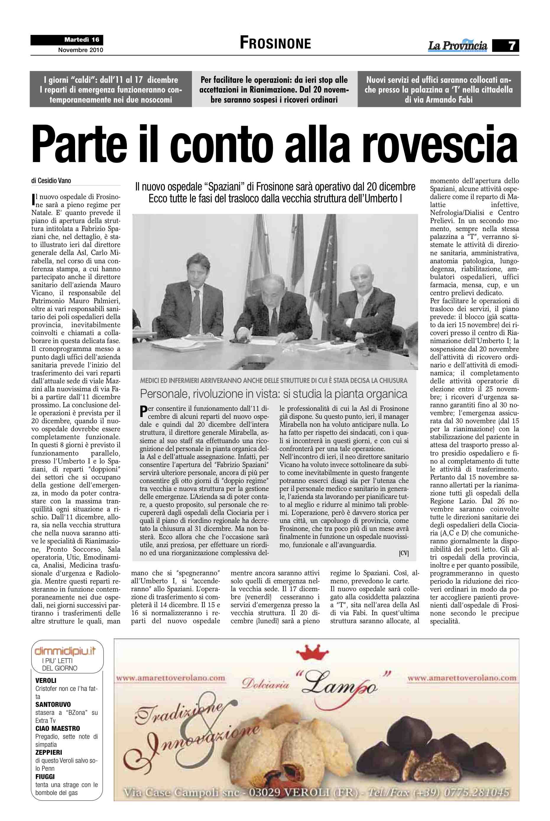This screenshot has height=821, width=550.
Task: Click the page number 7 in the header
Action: tap(512, 46)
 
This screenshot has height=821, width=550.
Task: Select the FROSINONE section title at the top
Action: tap(275, 43)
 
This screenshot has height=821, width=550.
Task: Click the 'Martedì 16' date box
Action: tap(81, 40)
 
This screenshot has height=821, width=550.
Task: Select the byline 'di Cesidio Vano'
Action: tap(51, 181)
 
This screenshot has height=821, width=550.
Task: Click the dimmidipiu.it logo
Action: tap(65, 652)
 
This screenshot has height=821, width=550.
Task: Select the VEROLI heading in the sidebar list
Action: tap(46, 681)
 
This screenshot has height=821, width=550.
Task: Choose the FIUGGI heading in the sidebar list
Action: tap(45, 777)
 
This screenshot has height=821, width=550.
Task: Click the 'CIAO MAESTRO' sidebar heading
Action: tap(58, 728)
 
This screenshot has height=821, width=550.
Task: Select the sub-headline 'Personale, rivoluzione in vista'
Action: tap(274, 394)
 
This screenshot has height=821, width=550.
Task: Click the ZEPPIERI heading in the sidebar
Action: tap(48, 753)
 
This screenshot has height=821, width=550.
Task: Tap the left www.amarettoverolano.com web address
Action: tap(171, 678)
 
